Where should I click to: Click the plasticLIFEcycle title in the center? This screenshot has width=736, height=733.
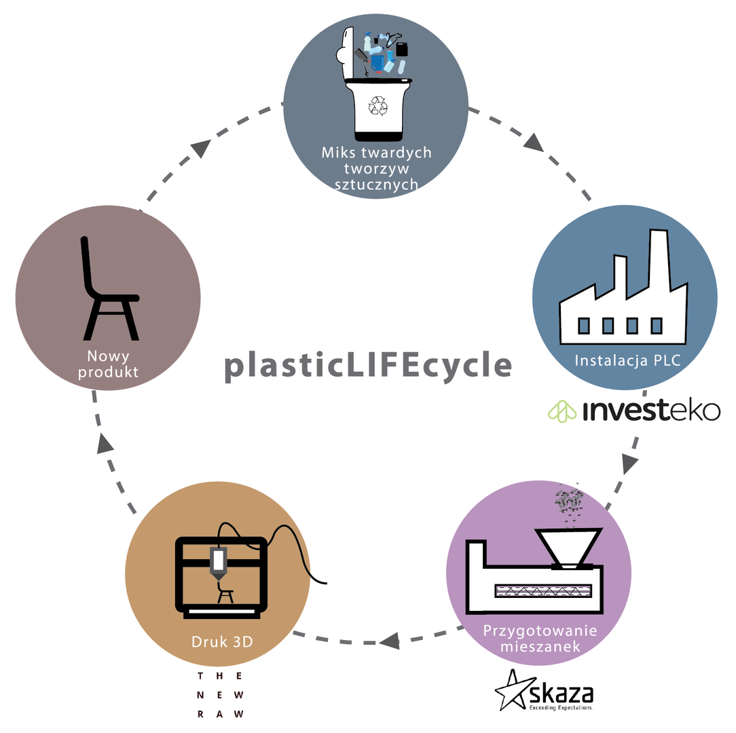368,365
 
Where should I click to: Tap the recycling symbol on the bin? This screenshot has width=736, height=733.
377,105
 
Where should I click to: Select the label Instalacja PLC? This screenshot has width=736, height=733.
627,360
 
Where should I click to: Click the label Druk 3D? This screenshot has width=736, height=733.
219,641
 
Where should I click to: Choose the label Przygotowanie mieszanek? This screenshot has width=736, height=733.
540,638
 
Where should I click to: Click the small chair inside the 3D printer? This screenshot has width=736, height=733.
225,595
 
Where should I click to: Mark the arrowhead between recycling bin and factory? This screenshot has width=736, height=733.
533,143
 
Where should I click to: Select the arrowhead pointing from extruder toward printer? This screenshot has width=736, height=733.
389,639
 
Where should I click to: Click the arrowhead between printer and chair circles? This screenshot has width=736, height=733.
105,443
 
